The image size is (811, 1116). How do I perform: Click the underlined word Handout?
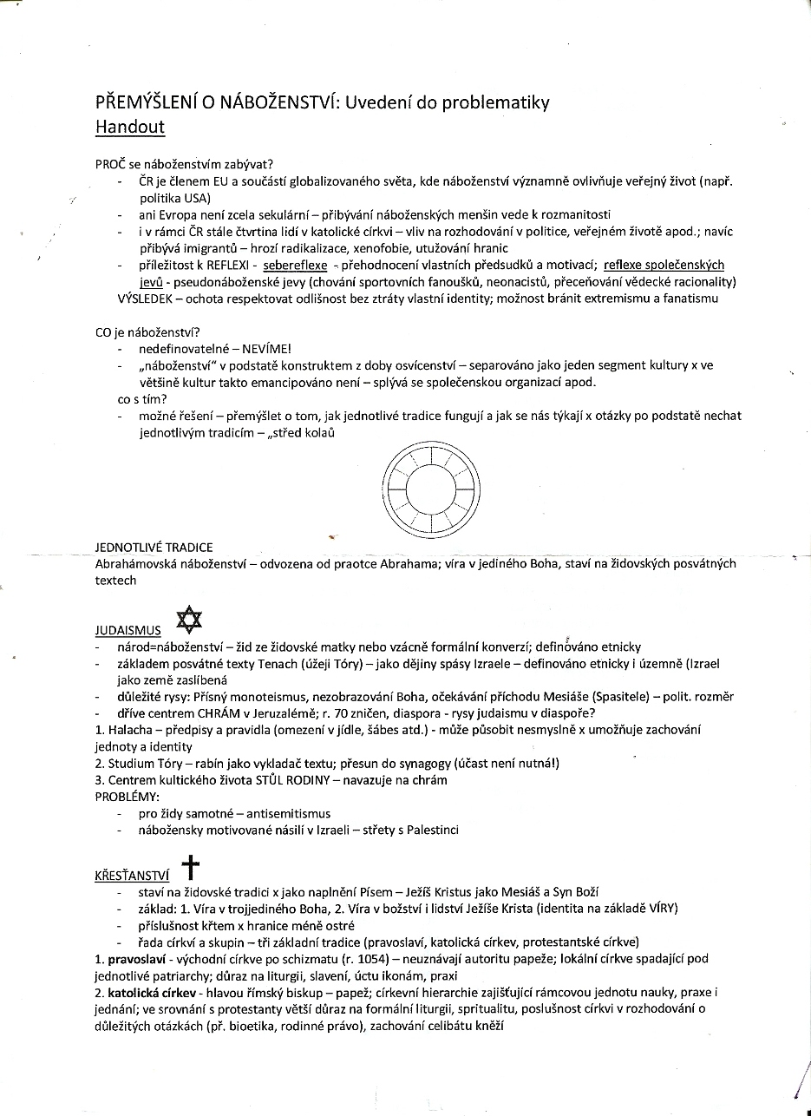pyautogui.click(x=130, y=127)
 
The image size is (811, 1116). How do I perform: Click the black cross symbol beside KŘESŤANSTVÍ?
pyautogui.click(x=190, y=868)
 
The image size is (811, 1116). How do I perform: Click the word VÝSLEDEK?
pyautogui.click(x=147, y=299)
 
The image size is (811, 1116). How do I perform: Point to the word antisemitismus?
pyautogui.click(x=289, y=813)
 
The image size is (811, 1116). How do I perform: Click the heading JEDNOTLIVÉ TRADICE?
pyautogui.click(x=154, y=548)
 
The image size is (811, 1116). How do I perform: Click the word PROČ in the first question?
pyautogui.click(x=109, y=165)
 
